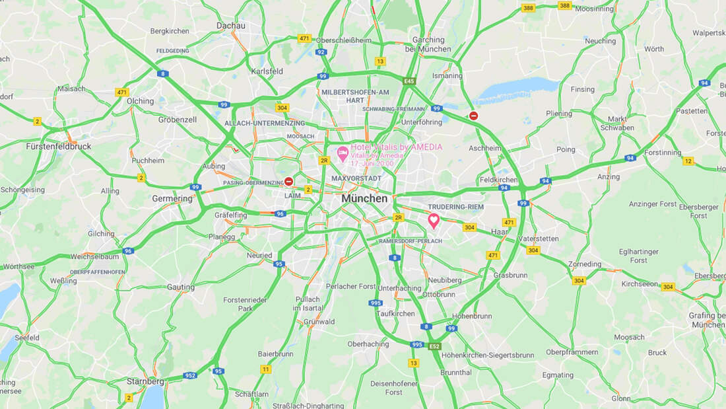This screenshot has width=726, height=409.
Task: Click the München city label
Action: (x=364, y=198)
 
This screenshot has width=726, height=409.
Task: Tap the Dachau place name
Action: (x=230, y=26)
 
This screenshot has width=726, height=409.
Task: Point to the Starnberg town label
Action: (x=145, y=381)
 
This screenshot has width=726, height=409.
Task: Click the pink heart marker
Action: (x=434, y=220)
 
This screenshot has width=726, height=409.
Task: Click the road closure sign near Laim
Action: (x=289, y=181)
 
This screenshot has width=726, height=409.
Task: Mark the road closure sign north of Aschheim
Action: (x=473, y=116)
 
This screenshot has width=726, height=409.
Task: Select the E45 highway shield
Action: (x=410, y=81)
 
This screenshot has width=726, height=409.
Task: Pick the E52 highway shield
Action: (x=434, y=346)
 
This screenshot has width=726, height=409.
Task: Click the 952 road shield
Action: (x=190, y=375)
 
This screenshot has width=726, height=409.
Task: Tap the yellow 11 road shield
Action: (x=265, y=369)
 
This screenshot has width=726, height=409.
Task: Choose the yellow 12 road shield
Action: (x=688, y=161)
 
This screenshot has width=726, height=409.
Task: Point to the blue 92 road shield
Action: (x=321, y=52)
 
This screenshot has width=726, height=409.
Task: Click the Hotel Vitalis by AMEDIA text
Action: (x=396, y=147)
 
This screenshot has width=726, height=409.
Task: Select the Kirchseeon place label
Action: (x=640, y=283)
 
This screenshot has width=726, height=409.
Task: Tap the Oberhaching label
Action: (x=368, y=344)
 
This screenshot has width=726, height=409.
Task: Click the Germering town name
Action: (x=172, y=198)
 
